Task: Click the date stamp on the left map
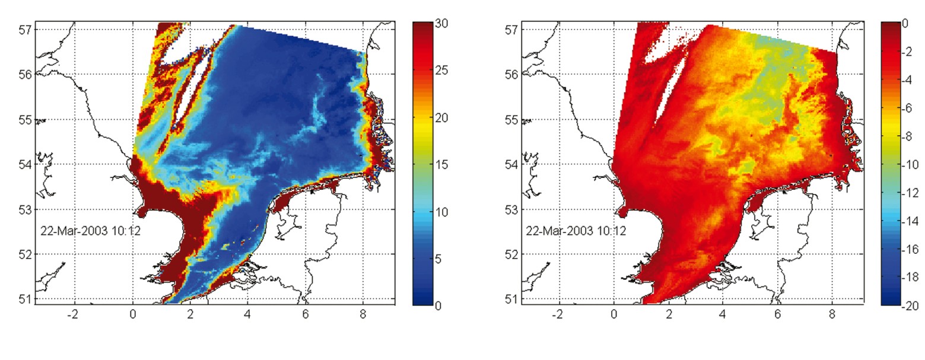click(x=90, y=231)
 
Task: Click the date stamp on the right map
click(x=576, y=231)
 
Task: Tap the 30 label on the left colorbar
click(x=441, y=24)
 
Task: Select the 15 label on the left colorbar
click(x=441, y=165)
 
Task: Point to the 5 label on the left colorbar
click(x=439, y=259)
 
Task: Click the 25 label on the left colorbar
click(x=441, y=71)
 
